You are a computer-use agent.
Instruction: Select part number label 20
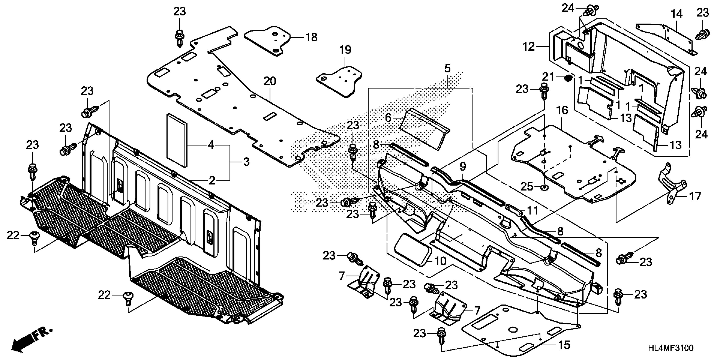click(x=270, y=81)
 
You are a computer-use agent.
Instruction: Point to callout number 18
click(x=311, y=37)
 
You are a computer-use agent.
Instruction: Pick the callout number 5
click(x=447, y=68)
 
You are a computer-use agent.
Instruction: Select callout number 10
click(x=440, y=261)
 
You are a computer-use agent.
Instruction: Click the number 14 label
click(x=677, y=13)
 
